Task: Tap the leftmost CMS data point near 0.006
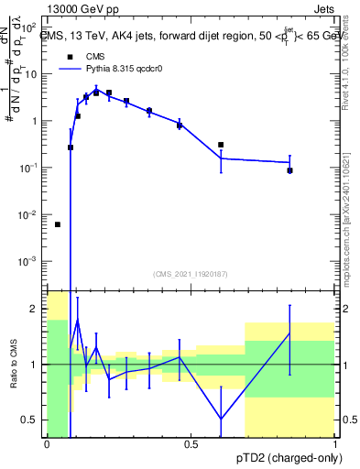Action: (x=58, y=224)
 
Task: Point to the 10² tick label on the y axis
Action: (x=29, y=27)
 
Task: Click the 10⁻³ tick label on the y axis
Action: (x=29, y=262)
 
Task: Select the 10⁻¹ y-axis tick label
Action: (x=29, y=168)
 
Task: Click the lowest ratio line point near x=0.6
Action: (x=221, y=419)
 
